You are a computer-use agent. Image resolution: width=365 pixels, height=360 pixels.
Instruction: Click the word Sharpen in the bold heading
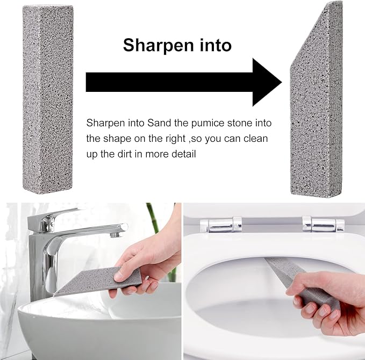[x=159, y=46]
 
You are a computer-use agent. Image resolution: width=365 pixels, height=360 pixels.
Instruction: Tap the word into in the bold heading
[x=216, y=45]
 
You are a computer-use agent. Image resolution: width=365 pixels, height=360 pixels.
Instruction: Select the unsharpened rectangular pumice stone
[x=48, y=99]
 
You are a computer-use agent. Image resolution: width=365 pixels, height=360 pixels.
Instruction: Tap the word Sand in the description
[x=159, y=123]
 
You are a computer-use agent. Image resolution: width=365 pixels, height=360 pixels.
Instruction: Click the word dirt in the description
[x=125, y=154]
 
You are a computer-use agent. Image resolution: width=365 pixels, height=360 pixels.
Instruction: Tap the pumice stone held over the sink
[x=98, y=282]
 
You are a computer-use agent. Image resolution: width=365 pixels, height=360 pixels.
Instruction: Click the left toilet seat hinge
[x=221, y=225]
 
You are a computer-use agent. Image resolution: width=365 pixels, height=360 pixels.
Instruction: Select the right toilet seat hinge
[x=323, y=224]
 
